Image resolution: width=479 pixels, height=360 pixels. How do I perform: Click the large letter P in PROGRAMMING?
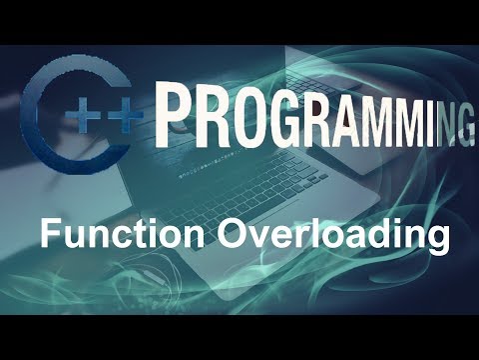coord(179,112)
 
